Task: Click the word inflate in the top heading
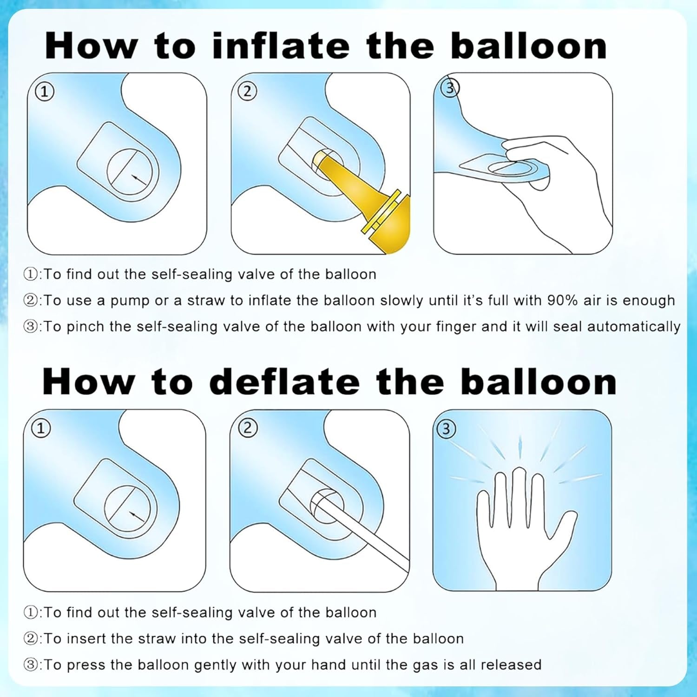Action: pyautogui.click(x=281, y=46)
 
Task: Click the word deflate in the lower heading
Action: pyautogui.click(x=284, y=382)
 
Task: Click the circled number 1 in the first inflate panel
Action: pyautogui.click(x=45, y=92)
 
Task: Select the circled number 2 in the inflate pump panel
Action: pyautogui.click(x=247, y=91)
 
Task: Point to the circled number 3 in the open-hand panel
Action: pyautogui.click(x=446, y=428)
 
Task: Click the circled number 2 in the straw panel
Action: pyautogui.click(x=248, y=427)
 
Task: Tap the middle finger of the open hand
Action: pyautogui.click(x=519, y=493)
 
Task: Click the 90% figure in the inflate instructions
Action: pyautogui.click(x=563, y=301)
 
